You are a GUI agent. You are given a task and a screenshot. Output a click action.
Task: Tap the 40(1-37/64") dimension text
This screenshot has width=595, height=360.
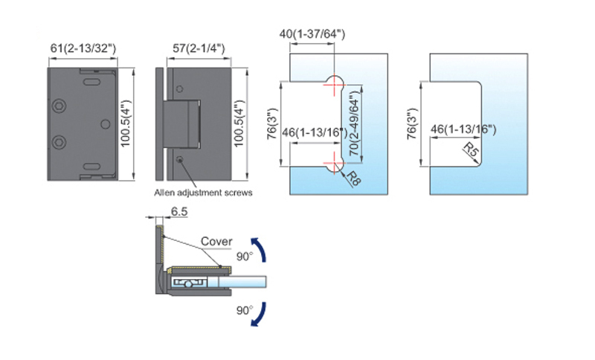[x=313, y=34]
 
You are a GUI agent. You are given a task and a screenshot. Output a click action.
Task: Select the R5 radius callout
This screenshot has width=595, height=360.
[x=470, y=152]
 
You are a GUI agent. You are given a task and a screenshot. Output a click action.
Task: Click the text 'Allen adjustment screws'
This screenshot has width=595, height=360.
[x=203, y=192]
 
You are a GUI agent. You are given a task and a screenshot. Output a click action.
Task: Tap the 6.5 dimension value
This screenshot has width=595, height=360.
[x=179, y=212]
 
